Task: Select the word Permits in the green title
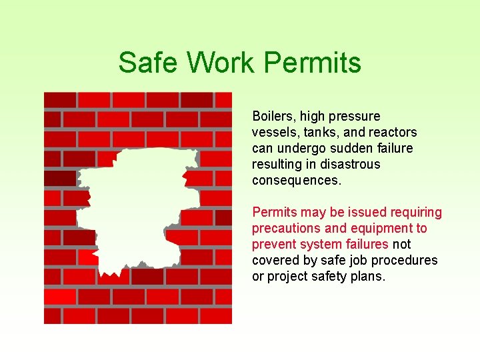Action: [313, 63]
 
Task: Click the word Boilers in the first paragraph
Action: [272, 117]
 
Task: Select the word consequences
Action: [296, 181]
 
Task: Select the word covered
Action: [274, 261]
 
